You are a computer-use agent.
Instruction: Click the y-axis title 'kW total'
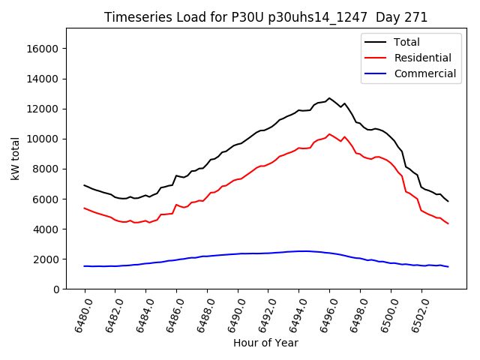coord(16,159)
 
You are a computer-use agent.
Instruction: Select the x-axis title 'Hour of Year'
coord(265,343)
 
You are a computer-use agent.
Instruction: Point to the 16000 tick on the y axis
coord(43,49)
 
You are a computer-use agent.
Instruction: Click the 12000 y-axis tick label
coord(43,109)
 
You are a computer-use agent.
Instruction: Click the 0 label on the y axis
coord(56,289)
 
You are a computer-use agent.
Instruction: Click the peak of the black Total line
coord(329,98)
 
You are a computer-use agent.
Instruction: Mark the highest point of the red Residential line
coord(329,134)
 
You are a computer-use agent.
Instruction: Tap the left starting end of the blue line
coord(85,266)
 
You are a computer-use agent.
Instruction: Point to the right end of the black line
coord(448,201)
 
